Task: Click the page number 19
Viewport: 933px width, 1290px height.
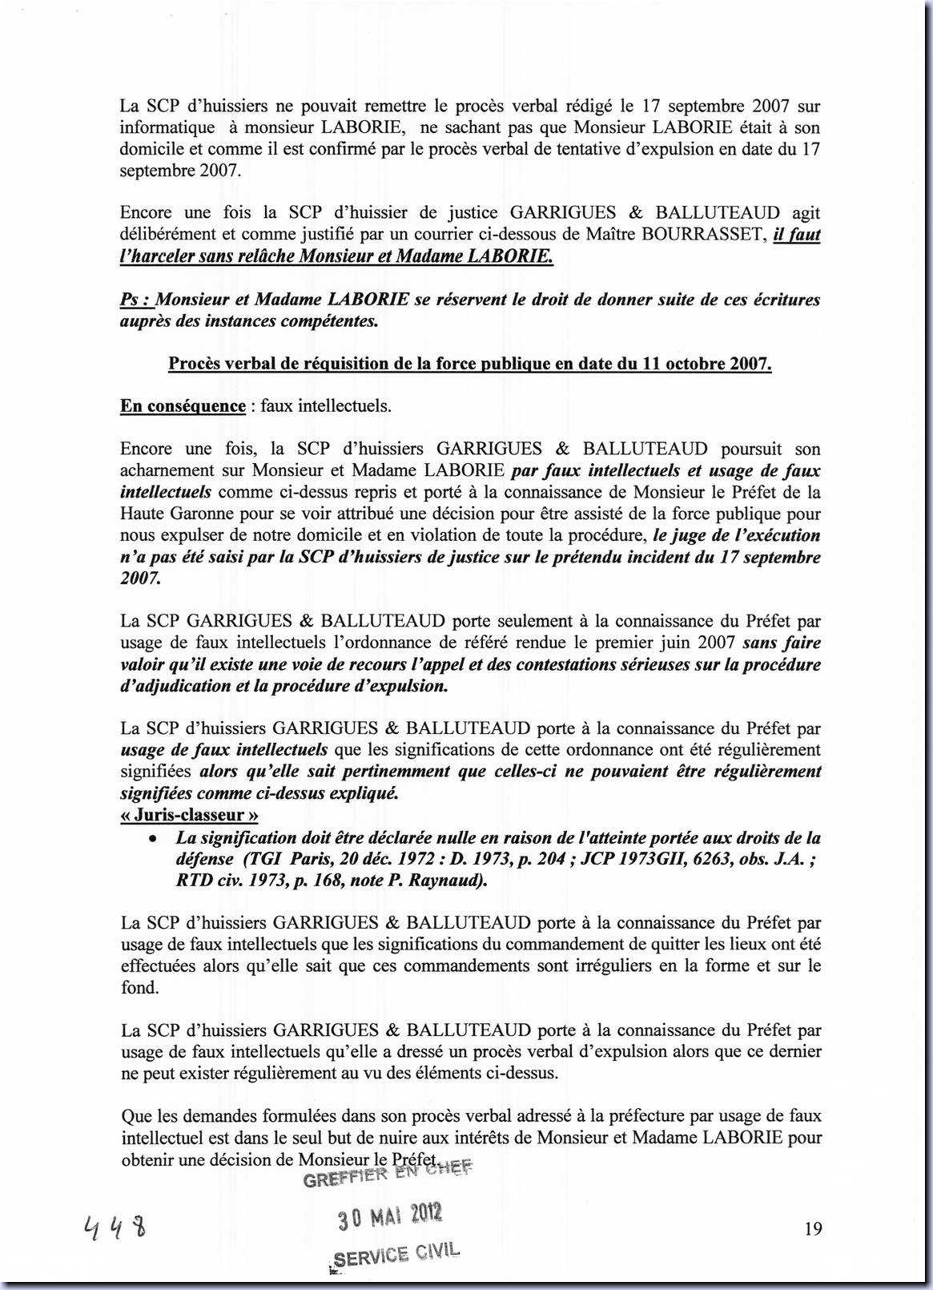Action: point(813,1228)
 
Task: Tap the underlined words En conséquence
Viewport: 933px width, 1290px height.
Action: point(183,405)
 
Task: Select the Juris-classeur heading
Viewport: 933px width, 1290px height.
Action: point(189,815)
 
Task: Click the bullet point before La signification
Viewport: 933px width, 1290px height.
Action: point(151,838)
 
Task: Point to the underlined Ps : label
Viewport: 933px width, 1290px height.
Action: point(136,300)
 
